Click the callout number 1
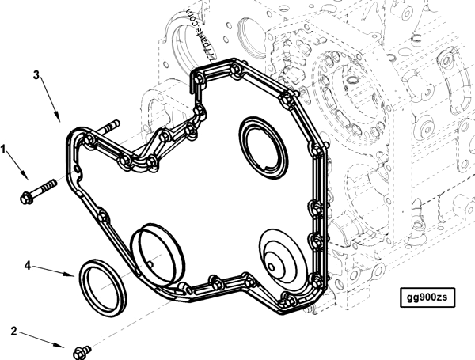3,149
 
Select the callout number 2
13,331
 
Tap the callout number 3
36,75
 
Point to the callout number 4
28,266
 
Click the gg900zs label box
427,297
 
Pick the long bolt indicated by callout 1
38,191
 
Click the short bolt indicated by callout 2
82,352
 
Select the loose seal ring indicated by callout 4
102,288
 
